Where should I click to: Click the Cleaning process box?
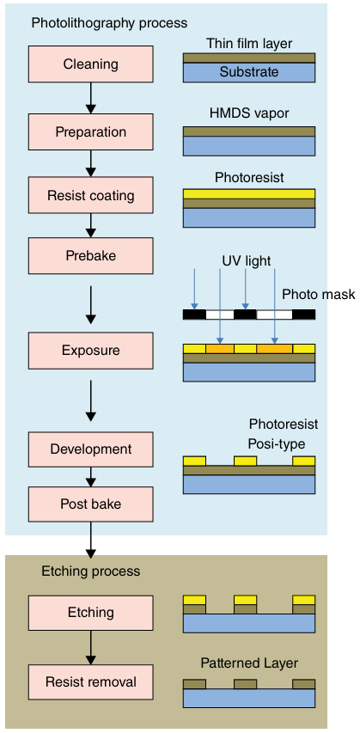coord(91,64)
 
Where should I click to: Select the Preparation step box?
coord(91,131)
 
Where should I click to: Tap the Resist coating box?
coord(91,195)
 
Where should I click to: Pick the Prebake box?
coord(91,256)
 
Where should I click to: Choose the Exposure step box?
coord(91,351)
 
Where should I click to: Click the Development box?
coord(91,449)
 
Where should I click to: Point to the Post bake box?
coord(91,504)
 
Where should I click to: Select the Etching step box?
coord(91,613)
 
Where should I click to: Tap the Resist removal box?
coord(91,682)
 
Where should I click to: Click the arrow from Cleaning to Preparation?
coord(91,98)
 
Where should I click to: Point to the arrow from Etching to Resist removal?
coord(91,647)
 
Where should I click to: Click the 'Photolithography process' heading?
coord(109,23)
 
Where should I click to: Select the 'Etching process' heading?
coord(91,571)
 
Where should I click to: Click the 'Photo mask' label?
coord(319,295)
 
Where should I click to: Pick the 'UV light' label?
coord(247,260)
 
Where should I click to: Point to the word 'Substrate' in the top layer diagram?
coord(249,72)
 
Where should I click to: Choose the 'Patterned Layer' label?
coord(249,663)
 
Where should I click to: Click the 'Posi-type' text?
coord(277,443)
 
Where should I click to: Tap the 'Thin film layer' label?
coord(249,44)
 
